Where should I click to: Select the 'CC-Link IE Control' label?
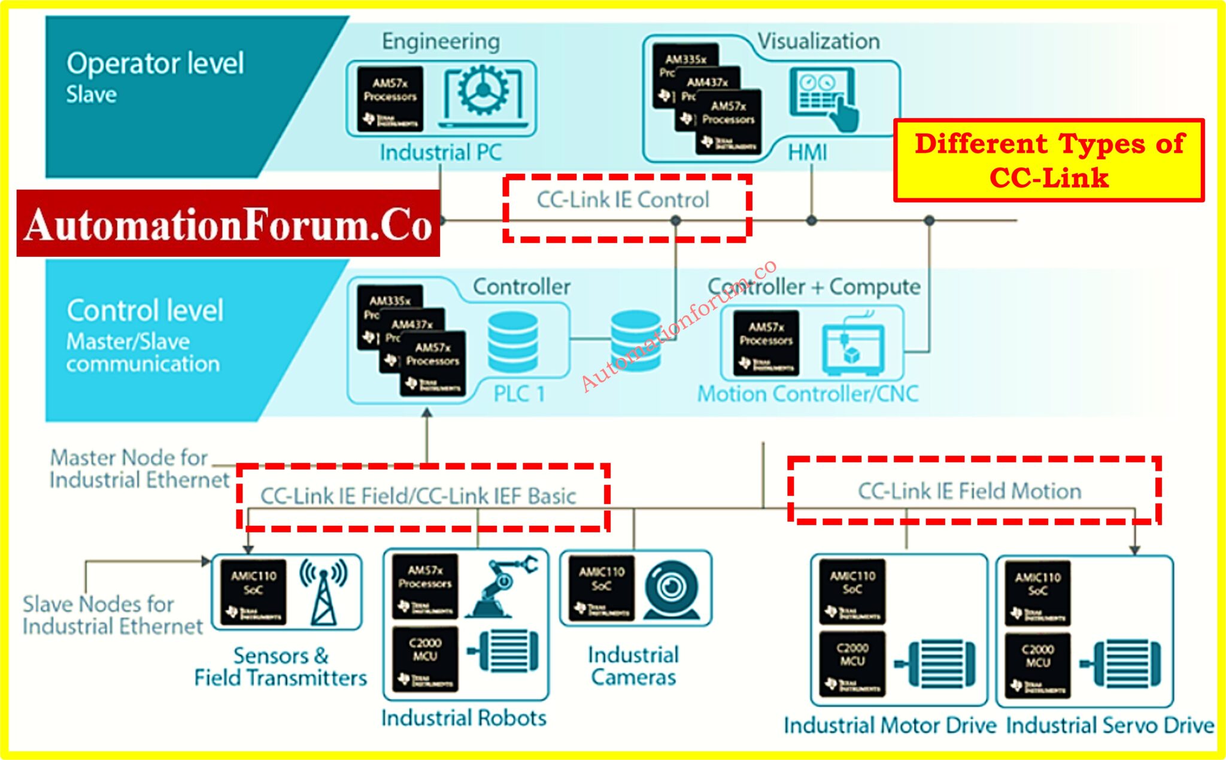pyautogui.click(x=623, y=200)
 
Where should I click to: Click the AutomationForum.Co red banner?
pyautogui.click(x=228, y=224)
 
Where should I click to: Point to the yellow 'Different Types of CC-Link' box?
pyautogui.click(x=1049, y=161)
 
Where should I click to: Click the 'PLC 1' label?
pyautogui.click(x=519, y=394)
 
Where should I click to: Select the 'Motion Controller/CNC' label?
pyautogui.click(x=808, y=394)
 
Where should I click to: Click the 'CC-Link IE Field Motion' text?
pyautogui.click(x=969, y=491)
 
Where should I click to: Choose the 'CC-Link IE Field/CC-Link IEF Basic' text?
pyautogui.click(x=418, y=496)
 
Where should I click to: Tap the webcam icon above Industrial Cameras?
pyautogui.click(x=672, y=589)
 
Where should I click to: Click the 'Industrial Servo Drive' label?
pyautogui.click(x=1110, y=725)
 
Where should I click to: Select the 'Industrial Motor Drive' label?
pyautogui.click(x=890, y=725)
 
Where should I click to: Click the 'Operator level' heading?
pyautogui.click(x=155, y=63)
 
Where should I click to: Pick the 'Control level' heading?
pyautogui.click(x=145, y=310)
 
